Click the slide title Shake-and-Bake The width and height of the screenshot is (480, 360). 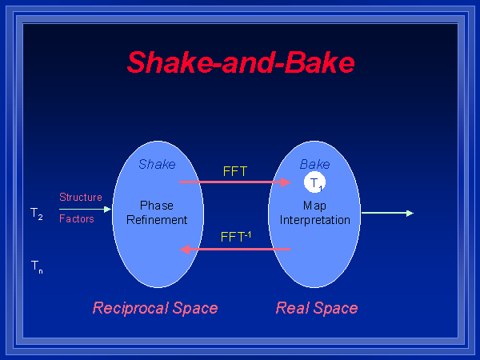[x=240, y=62]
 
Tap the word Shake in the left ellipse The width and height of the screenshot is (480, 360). [x=157, y=164]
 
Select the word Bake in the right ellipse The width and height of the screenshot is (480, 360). [x=314, y=164]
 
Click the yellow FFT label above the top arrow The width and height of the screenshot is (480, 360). [x=235, y=170]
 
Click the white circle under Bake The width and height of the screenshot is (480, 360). [x=315, y=183]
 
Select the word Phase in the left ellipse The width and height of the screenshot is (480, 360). [x=157, y=206]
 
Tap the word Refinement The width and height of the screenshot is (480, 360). [x=157, y=219]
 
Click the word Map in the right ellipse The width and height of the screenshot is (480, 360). [x=314, y=206]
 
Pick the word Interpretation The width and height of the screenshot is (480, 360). [x=314, y=219]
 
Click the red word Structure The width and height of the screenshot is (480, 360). [x=81, y=197]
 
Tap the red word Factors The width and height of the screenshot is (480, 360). [x=77, y=218]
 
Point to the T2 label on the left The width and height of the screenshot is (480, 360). [x=37, y=214]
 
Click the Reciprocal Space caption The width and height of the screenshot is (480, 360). [x=155, y=308]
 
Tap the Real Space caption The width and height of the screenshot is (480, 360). [x=317, y=308]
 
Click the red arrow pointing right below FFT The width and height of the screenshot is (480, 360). [x=235, y=182]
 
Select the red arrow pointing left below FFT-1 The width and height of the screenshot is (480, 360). [x=235, y=249]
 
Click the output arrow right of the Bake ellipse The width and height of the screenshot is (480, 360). [x=387, y=213]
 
